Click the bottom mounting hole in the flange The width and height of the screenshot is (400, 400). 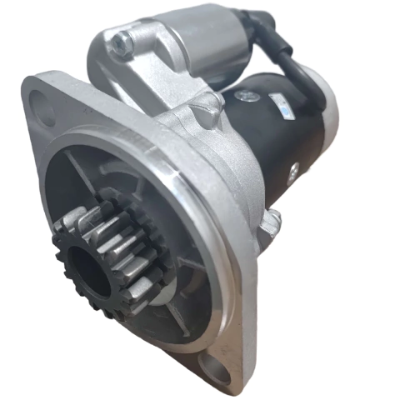point(216,370)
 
